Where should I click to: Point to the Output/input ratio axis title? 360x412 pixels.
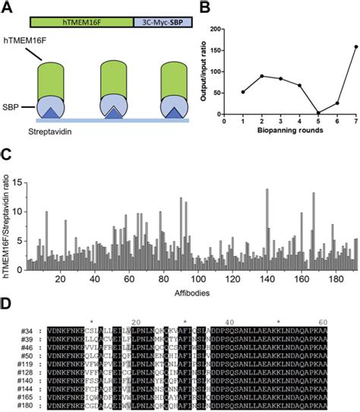tap(208, 71)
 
